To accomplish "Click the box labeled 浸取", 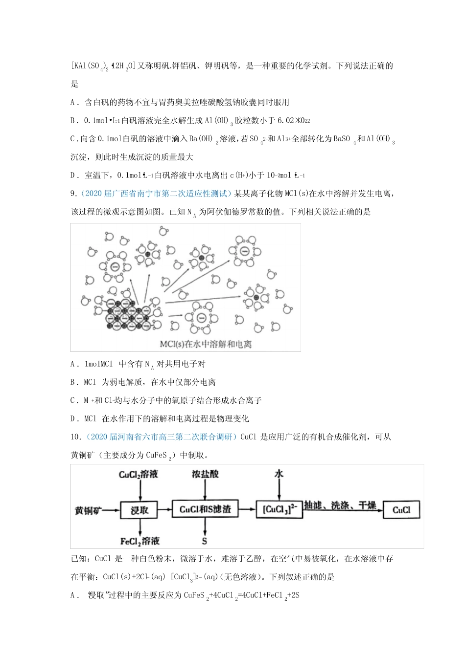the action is pyautogui.click(x=139, y=510).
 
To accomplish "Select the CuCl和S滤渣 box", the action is pyautogui.click(x=205, y=509).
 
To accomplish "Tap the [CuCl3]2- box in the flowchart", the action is pyautogui.click(x=279, y=509).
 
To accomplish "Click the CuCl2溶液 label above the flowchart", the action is pyautogui.click(x=139, y=474).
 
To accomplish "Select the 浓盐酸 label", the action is pyautogui.click(x=205, y=474).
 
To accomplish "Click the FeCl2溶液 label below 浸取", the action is pyautogui.click(x=140, y=541).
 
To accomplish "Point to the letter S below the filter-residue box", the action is pyautogui.click(x=205, y=541).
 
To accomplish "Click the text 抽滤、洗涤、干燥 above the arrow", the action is pyautogui.click(x=340, y=505).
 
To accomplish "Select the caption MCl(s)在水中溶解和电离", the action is pyautogui.click(x=206, y=344).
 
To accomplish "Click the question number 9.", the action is pyautogui.click(x=73, y=194).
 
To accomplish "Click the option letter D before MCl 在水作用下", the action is pyautogui.click(x=74, y=418).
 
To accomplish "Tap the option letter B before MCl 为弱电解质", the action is pyautogui.click(x=74, y=382).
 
